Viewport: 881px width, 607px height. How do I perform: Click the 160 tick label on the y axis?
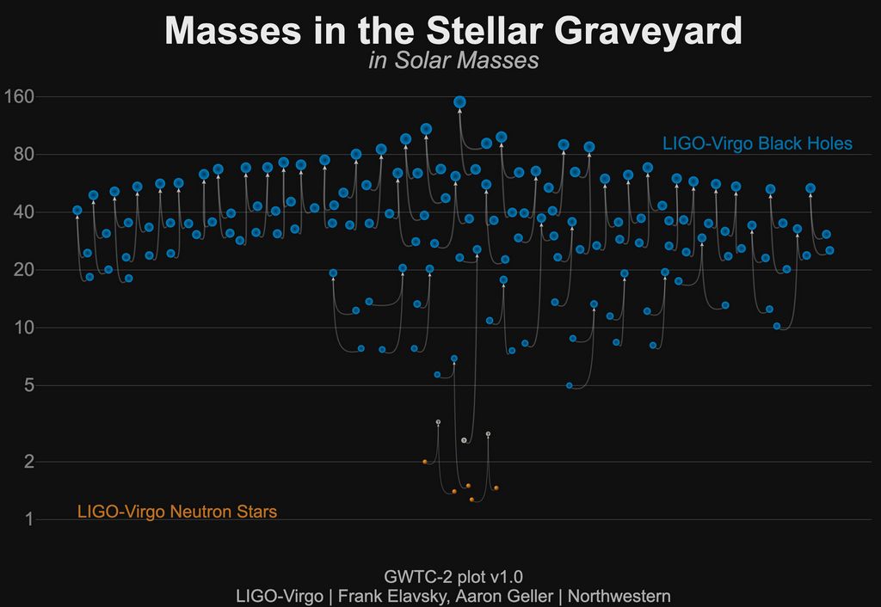[x=19, y=96]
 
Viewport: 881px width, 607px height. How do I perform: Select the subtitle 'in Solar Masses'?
[x=453, y=61]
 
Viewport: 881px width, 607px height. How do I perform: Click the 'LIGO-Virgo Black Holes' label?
[x=756, y=144]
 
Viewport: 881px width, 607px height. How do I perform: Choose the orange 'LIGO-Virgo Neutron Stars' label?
[x=176, y=512]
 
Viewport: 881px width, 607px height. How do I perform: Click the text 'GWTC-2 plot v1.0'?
[x=453, y=576]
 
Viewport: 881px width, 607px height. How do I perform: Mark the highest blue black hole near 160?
[x=459, y=101]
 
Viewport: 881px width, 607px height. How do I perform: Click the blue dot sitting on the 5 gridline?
[x=569, y=385]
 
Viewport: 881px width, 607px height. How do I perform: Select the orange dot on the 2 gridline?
[x=424, y=462]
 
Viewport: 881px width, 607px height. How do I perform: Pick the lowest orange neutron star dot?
[x=471, y=500]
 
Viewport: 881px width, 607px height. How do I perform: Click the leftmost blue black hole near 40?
[x=77, y=210]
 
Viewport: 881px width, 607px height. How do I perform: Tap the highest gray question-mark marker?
[x=438, y=422]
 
